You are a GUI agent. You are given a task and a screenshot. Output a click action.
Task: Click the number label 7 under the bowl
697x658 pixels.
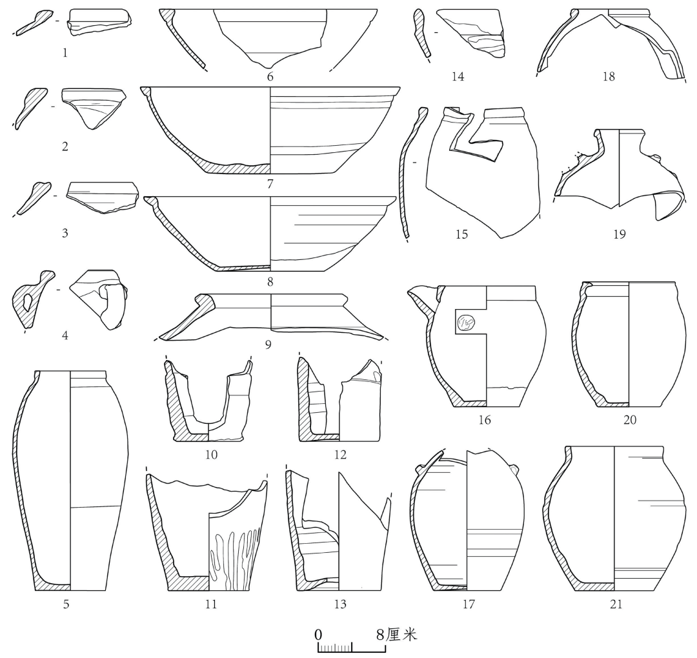click(270, 183)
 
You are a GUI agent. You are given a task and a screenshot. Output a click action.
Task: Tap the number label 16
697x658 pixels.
click(484, 419)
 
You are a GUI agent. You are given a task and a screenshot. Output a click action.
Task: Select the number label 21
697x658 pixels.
click(616, 604)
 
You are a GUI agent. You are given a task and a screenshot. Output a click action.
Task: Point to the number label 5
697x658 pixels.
click(66, 604)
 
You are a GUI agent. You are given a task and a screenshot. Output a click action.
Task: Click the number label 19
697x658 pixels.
click(619, 234)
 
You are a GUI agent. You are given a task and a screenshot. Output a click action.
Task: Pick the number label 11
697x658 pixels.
click(210, 604)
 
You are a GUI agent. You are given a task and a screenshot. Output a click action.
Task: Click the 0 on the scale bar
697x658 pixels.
click(318, 635)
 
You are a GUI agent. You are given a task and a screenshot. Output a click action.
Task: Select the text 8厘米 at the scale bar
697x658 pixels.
click(396, 635)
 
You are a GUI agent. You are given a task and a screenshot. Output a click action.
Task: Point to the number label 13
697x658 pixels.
click(339, 604)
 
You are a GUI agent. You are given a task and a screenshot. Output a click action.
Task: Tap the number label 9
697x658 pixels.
click(268, 344)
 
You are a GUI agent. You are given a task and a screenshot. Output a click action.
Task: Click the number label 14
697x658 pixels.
click(458, 76)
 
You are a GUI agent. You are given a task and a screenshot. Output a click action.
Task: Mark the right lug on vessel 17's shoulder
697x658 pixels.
click(514, 468)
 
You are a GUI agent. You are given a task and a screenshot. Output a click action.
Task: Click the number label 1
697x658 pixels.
click(65, 53)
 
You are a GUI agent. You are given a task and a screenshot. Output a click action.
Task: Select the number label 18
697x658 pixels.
click(609, 76)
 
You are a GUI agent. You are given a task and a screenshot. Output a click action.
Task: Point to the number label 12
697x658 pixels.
click(339, 455)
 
